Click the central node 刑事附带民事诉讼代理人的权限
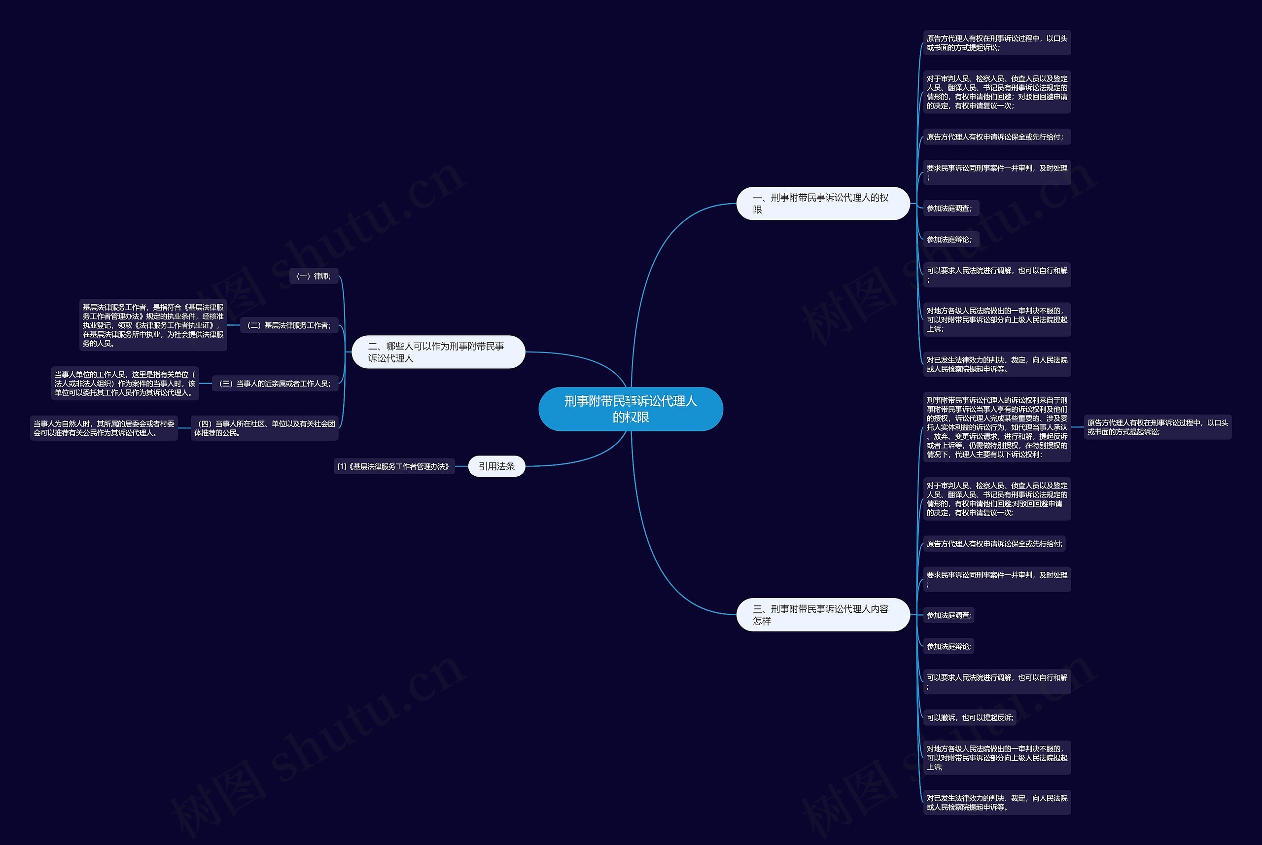631,409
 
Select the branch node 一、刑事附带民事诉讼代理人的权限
822,203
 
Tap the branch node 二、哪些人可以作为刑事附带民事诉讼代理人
438,352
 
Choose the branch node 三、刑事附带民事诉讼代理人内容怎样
822,614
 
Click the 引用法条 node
496,466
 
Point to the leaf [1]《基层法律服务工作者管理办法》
394,466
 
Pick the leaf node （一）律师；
314,276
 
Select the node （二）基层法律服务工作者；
289,325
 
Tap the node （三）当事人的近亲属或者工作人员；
275,383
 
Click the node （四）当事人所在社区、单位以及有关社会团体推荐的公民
264,428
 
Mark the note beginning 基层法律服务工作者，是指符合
153,325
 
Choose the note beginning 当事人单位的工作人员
125,383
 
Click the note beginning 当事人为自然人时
104,428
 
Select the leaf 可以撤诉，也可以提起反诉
969,717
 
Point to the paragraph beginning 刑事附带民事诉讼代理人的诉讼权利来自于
996,427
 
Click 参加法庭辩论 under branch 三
948,646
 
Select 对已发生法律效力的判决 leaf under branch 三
996,802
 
